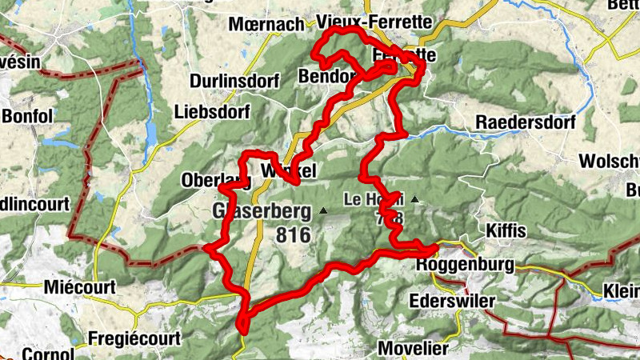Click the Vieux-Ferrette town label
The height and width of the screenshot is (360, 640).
[374, 22]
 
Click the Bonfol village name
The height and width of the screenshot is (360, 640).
[27, 116]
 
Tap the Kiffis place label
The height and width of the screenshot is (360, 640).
[506, 231]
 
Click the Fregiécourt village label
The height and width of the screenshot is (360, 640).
[129, 337]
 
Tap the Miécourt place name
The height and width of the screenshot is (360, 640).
[81, 286]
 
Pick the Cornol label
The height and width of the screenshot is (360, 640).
[26, 353]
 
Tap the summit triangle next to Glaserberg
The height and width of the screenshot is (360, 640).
[322, 211]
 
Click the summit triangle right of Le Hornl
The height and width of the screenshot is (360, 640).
[414, 198]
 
